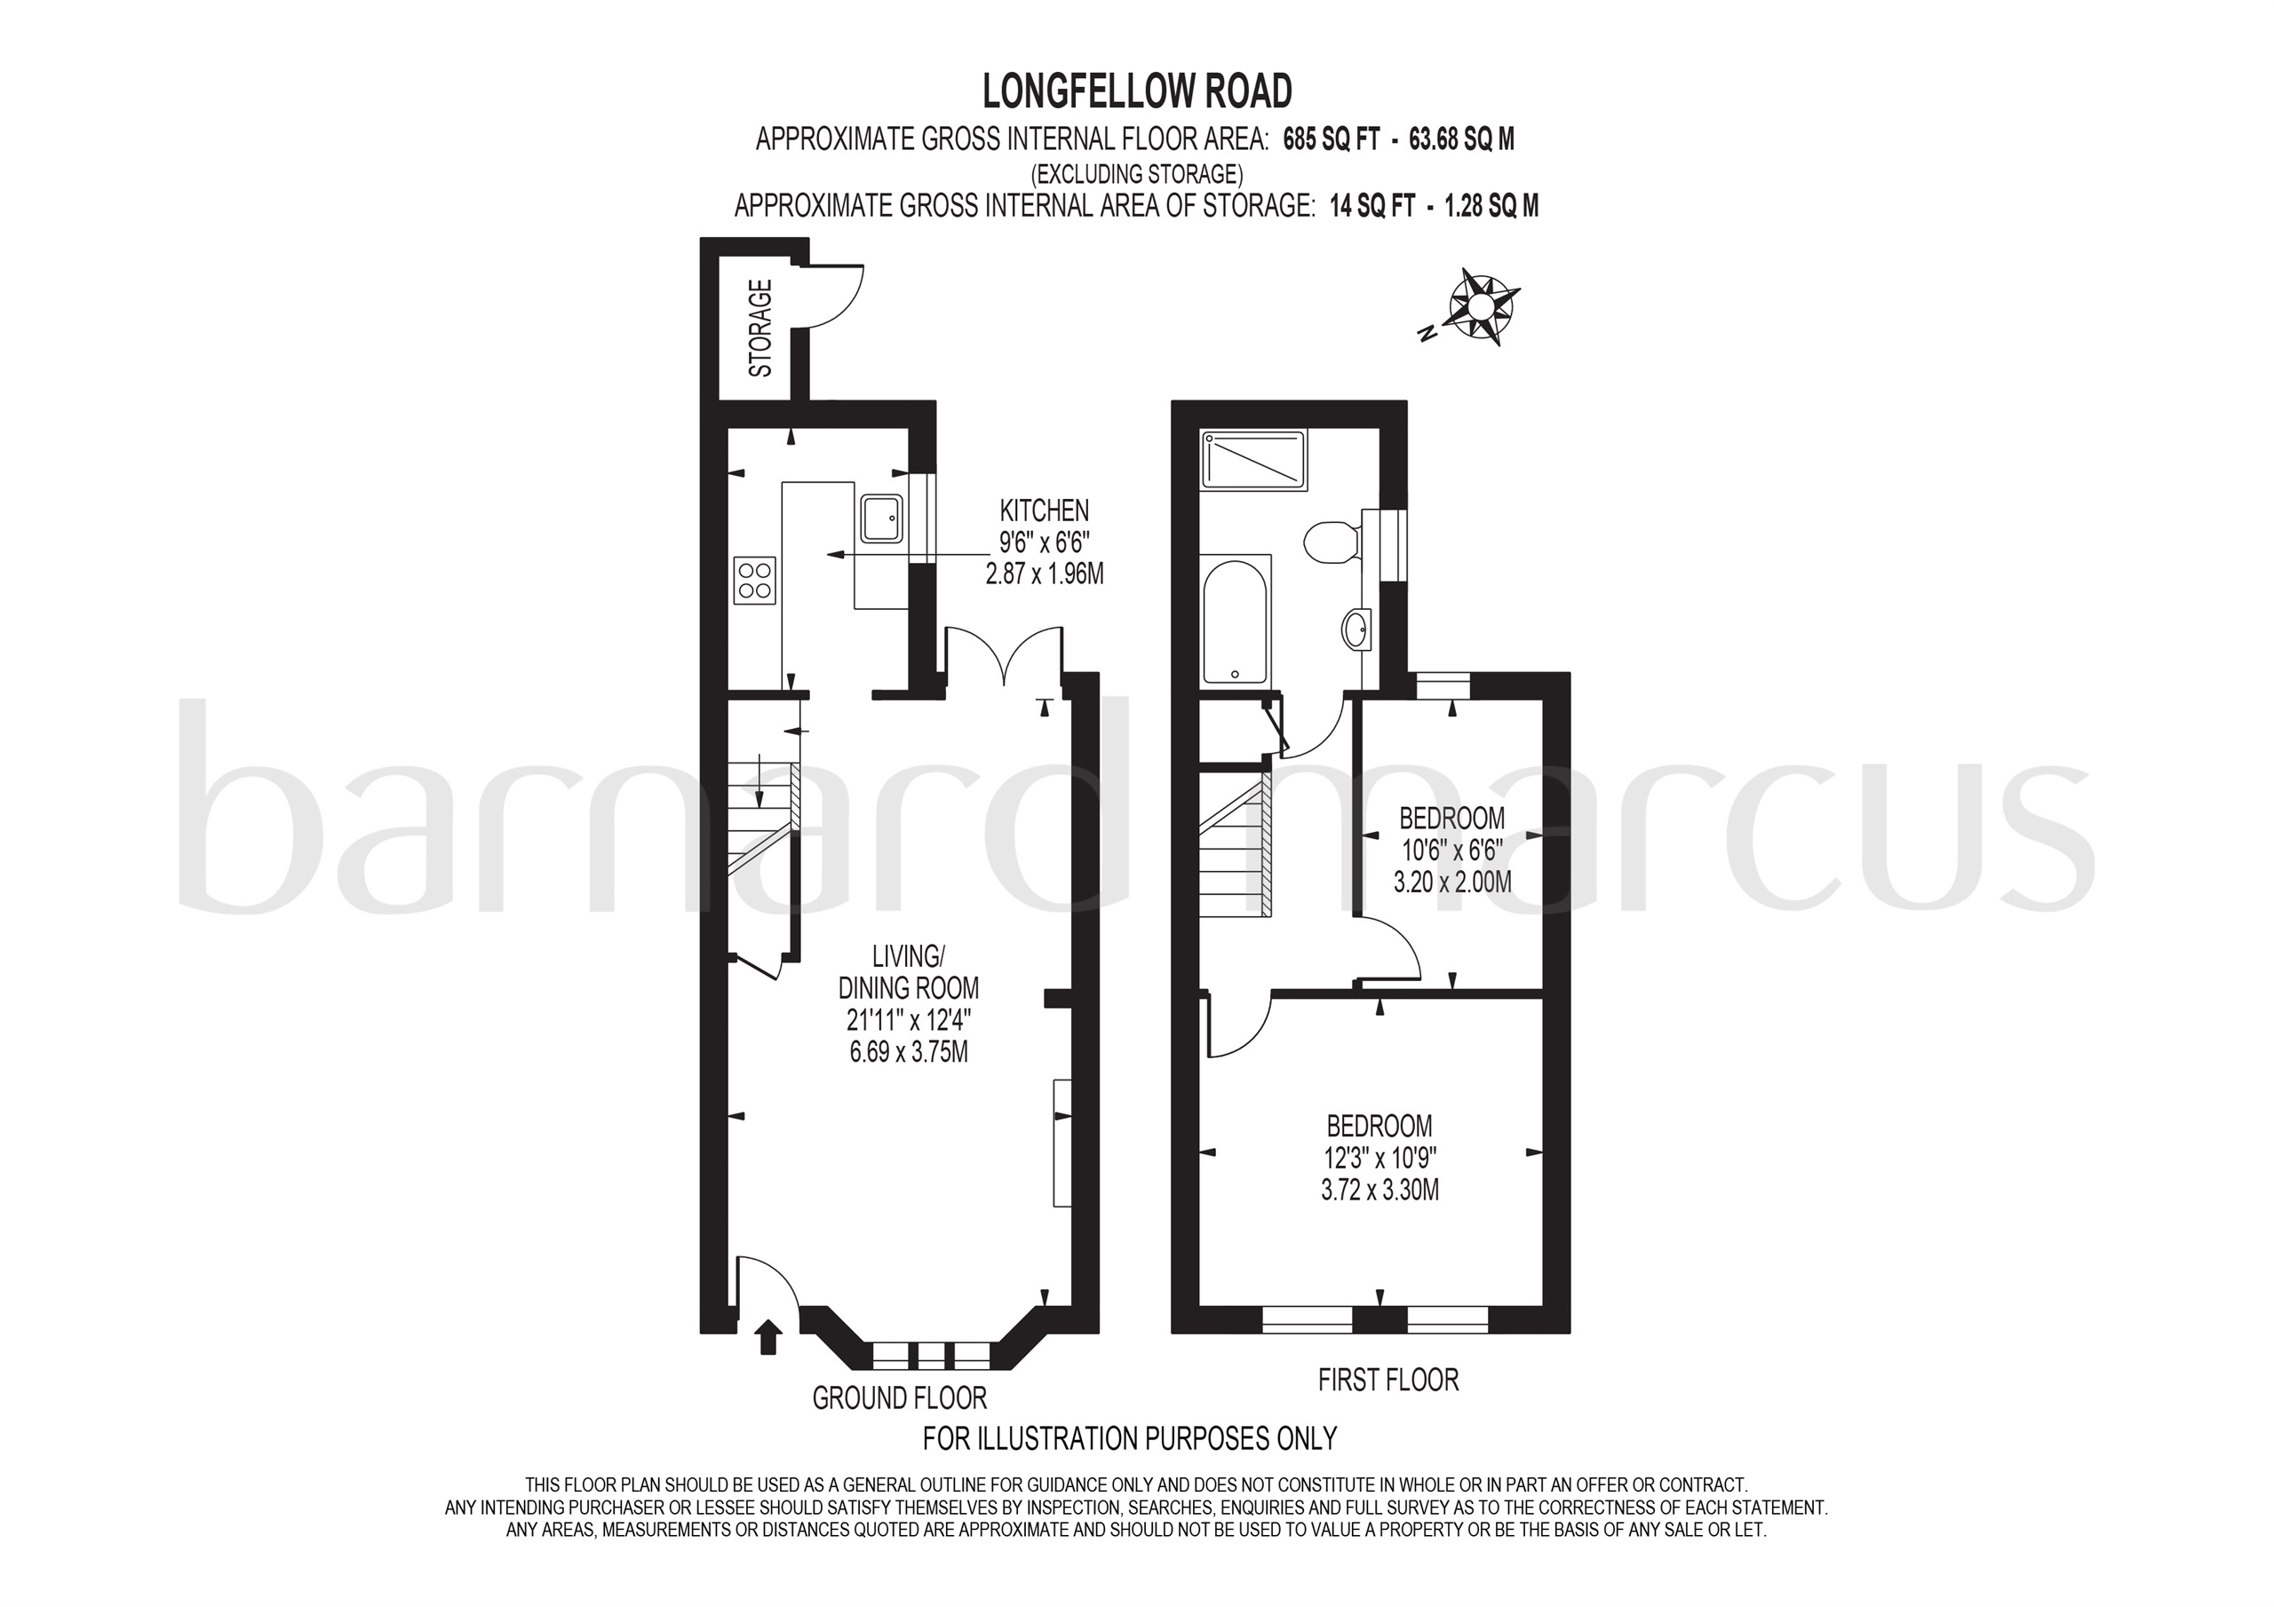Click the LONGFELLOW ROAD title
pos(1137,91)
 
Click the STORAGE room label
pos(760,329)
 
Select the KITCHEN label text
pos(1044,511)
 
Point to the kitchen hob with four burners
pos(755,582)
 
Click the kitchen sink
pos(881,519)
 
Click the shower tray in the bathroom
pos(1254,459)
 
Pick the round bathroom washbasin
pos(1355,629)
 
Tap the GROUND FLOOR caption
pos(899,1398)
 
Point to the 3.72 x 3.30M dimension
pos(1380,1189)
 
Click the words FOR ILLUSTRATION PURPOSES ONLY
pos(1130,1437)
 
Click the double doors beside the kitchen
pos(1005,653)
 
